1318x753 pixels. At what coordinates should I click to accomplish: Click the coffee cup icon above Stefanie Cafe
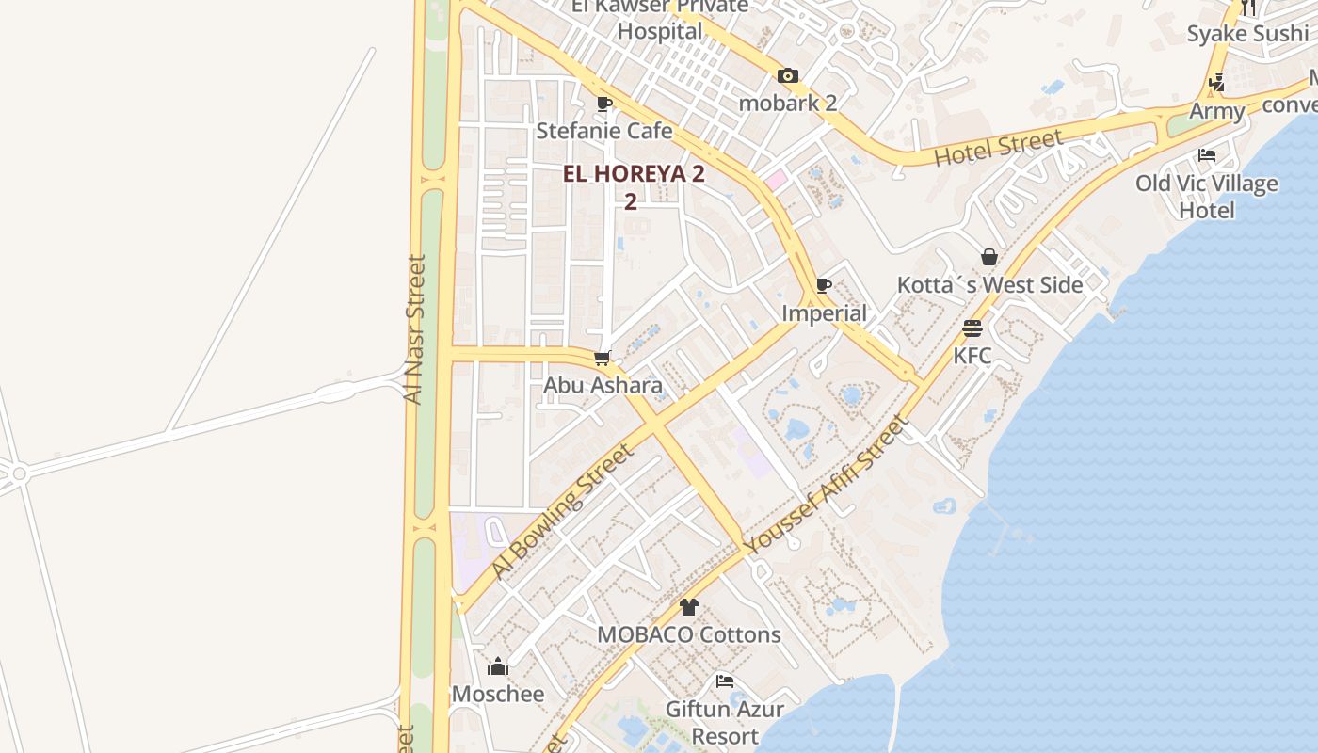[x=604, y=104]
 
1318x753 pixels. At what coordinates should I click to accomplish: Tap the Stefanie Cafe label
[x=604, y=131]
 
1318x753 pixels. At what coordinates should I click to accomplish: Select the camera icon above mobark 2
[x=788, y=76]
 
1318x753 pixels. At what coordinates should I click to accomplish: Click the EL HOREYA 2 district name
[x=634, y=174]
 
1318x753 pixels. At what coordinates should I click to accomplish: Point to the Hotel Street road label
[x=999, y=149]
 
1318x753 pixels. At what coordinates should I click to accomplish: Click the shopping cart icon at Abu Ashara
[x=603, y=359]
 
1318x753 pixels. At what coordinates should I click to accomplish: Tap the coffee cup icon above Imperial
[x=824, y=285]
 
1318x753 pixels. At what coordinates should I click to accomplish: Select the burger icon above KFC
[x=972, y=328]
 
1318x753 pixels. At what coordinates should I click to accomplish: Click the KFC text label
[x=972, y=356]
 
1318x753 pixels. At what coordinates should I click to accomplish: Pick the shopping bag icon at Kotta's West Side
[x=989, y=257]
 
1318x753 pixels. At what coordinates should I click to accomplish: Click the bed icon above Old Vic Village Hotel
[x=1207, y=155]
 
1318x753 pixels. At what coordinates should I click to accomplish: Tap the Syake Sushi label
[x=1247, y=34]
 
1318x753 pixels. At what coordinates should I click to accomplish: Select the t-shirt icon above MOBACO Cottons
[x=689, y=607]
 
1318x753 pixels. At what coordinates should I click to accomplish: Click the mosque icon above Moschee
[x=498, y=667]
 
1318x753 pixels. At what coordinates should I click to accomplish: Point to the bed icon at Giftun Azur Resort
[x=725, y=681]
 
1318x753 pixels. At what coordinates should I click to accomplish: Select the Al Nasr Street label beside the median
[x=414, y=329]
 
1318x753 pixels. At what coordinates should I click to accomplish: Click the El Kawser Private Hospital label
[x=660, y=19]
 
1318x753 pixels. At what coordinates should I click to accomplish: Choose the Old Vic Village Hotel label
[x=1207, y=196]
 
